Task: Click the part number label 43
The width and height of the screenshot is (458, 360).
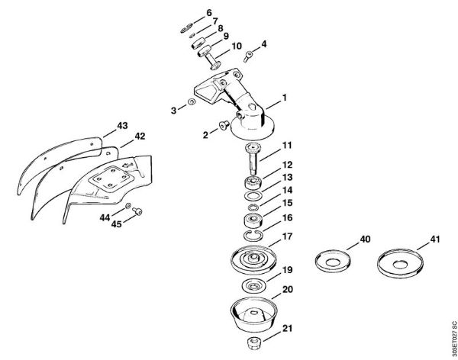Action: click(122, 124)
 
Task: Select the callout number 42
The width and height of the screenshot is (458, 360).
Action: click(140, 137)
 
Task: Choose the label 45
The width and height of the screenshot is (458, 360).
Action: click(117, 224)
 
